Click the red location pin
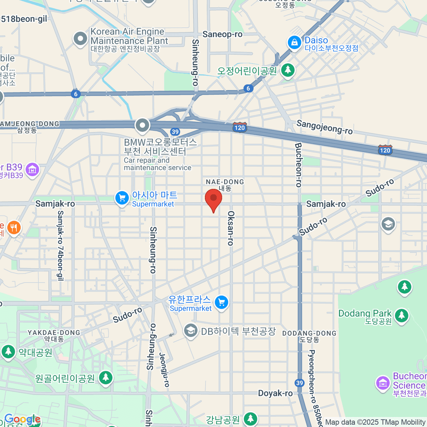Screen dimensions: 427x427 tap(213, 199)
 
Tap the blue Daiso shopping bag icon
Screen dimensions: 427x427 tap(294, 43)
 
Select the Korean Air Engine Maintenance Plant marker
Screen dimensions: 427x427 tap(80, 39)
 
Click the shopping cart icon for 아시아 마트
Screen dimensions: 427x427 tap(122, 198)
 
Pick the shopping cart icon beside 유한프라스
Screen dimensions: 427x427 tap(221, 302)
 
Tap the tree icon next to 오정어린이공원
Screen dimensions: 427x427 tap(288, 70)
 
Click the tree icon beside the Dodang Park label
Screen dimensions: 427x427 tap(401, 315)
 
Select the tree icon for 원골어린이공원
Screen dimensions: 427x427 tap(105, 378)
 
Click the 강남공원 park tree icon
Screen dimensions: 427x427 tap(251, 419)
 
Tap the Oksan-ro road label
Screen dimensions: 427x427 tap(231, 228)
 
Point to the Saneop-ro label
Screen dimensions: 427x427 tap(222, 35)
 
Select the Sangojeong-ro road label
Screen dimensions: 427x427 tap(325, 127)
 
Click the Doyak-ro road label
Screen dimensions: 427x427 tap(275, 393)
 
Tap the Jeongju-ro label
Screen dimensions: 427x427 tap(164, 370)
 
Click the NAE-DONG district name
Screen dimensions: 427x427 tap(225, 182)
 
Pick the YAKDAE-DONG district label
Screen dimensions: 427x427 tap(54, 333)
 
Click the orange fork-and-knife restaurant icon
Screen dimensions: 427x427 tap(14, 227)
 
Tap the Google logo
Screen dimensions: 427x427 tap(22, 420)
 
